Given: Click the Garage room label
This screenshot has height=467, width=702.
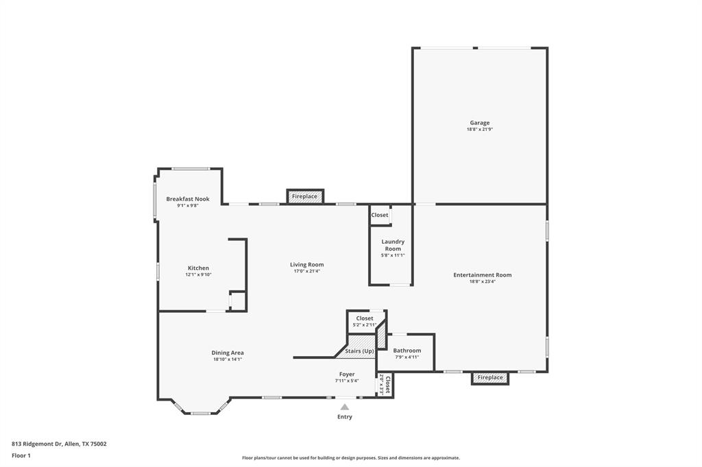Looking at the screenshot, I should [479, 123].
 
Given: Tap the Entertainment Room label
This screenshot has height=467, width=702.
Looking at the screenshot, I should [482, 275].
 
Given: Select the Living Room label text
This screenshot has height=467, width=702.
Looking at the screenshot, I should [306, 264].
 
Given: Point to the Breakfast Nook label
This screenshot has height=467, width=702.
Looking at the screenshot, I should [188, 199].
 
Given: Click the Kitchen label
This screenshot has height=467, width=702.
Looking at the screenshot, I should [198, 268].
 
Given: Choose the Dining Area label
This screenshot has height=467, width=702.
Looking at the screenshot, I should [228, 353].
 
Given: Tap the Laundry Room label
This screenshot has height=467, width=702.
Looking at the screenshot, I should [393, 245].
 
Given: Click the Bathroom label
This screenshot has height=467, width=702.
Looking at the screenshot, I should [407, 351].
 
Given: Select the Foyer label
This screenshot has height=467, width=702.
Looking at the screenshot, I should [347, 375].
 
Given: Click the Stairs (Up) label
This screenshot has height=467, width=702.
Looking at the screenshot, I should [359, 351].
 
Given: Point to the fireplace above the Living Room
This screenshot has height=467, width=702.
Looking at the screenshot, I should [305, 197].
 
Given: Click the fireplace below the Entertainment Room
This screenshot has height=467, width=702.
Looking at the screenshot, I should [490, 378].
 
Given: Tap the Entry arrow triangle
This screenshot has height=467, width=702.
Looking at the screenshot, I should [345, 407].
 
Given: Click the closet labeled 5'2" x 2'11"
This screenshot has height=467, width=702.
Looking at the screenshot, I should [364, 321].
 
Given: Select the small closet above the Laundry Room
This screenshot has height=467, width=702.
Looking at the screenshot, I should [380, 215].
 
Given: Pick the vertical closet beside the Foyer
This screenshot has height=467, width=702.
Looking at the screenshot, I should [385, 386].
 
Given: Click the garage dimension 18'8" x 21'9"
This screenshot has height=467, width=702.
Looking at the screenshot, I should [479, 129].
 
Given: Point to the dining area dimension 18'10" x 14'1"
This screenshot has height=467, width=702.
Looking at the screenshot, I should [228, 359].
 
